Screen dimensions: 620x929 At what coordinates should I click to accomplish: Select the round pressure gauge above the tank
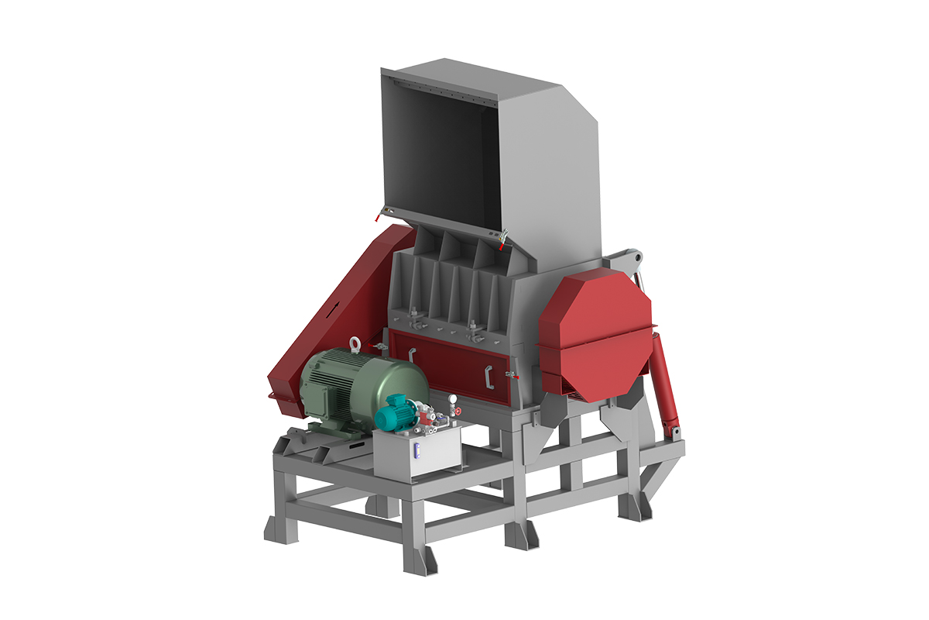pos(451,398)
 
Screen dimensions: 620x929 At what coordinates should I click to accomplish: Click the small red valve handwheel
pos(458,410)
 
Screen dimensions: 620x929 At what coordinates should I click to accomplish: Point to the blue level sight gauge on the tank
pos(417,451)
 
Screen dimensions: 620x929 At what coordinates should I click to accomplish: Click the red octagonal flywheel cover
pos(595,333)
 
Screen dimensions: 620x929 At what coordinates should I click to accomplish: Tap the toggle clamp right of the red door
pos(511,376)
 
